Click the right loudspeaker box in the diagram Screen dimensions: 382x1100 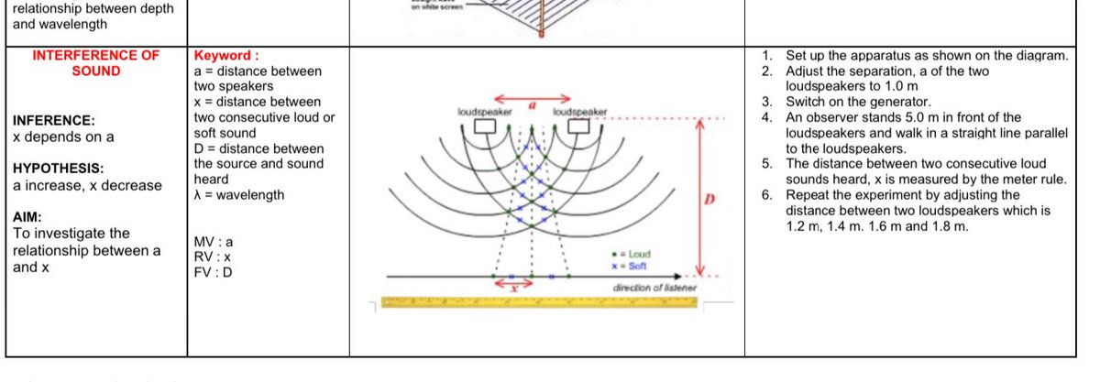[577, 126]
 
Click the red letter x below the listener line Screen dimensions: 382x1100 [514, 288]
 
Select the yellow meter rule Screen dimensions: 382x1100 [540, 302]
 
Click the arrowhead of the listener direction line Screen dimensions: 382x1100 [679, 275]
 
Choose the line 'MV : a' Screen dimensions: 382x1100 [214, 242]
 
